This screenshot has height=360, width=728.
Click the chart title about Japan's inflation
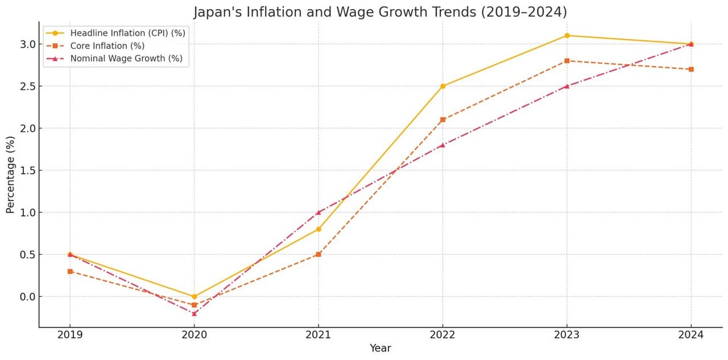tap(380, 12)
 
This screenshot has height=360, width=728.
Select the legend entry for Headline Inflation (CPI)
tap(127, 33)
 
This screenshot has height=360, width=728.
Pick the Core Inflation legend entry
tap(107, 45)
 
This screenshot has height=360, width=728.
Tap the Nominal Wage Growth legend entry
tap(126, 58)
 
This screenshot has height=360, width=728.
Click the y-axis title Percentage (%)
tap(10, 175)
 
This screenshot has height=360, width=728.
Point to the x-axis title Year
tap(380, 348)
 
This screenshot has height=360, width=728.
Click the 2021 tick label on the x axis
tap(318, 335)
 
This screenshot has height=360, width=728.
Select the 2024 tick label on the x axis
tap(691, 335)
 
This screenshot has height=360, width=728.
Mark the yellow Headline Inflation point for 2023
tap(567, 36)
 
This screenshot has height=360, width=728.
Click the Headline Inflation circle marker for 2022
tap(442, 86)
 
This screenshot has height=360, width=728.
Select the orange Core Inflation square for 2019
tap(70, 271)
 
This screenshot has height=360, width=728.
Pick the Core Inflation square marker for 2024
tap(691, 69)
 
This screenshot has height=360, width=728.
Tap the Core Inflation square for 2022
tap(442, 120)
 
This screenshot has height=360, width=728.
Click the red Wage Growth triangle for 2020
tap(194, 313)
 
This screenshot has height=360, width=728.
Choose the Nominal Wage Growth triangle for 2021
tap(318, 212)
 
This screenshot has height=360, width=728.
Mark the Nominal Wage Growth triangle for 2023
tap(567, 86)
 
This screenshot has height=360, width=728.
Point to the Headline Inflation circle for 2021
tap(318, 229)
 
